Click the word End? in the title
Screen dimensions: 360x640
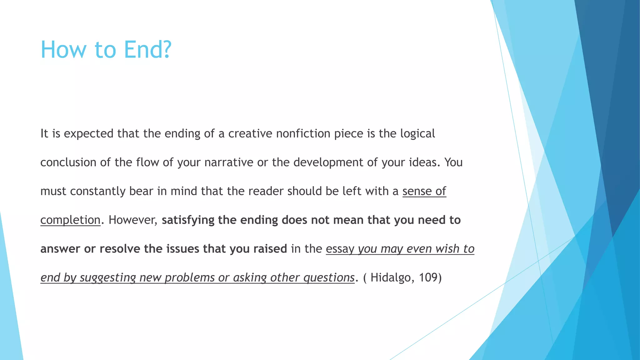147,49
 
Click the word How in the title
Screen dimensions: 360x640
64,49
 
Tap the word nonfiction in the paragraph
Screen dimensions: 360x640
303,133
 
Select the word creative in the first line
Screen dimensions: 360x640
250,133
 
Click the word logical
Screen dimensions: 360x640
417,133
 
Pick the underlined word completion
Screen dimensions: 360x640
70,220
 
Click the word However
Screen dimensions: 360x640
132,220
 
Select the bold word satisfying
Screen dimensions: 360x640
188,220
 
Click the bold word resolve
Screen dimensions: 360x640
120,249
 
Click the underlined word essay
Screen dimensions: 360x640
340,249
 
